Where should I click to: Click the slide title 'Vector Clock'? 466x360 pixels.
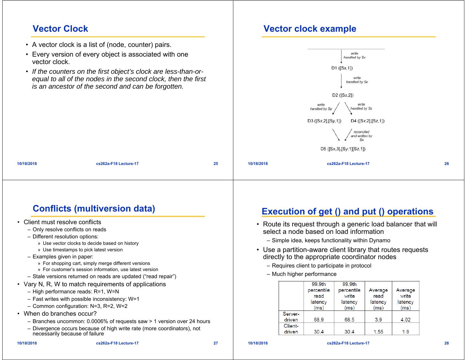click(60, 29)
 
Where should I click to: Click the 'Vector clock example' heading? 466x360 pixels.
click(310, 29)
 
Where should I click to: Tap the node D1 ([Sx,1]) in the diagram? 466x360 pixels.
click(342, 68)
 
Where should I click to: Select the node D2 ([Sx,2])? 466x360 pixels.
click(343, 95)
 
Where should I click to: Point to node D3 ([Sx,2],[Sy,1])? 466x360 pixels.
click(324, 121)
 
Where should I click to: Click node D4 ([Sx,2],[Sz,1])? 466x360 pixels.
click(368, 121)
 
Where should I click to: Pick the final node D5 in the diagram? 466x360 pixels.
click(343, 149)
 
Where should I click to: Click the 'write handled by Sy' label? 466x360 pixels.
click(321, 107)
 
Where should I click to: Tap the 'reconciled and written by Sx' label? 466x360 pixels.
click(361, 136)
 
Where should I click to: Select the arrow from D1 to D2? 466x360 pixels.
click(341, 81)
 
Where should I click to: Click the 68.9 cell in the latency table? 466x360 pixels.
click(319, 320)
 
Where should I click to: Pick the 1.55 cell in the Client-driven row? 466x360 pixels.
click(378, 332)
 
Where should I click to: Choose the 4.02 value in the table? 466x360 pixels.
click(405, 320)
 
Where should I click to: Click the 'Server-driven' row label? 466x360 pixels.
click(291, 317)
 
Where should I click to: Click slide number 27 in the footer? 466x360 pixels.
click(216, 343)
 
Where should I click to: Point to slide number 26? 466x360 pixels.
click(447, 164)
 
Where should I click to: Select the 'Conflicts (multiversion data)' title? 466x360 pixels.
click(94, 209)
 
